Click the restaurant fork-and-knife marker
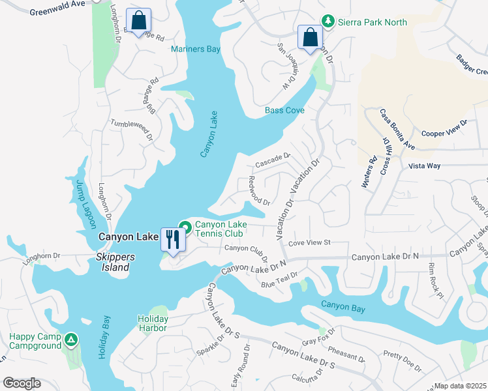click(172, 239)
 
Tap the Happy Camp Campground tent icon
click(71, 339)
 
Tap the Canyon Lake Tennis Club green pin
click(185, 227)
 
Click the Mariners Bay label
click(196, 49)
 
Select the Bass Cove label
click(284, 111)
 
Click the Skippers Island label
click(115, 262)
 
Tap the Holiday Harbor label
click(153, 323)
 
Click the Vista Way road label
click(425, 166)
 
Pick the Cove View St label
click(310, 242)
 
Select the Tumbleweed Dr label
click(131, 129)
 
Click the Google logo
click(22, 383)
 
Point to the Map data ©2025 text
click(461, 386)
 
